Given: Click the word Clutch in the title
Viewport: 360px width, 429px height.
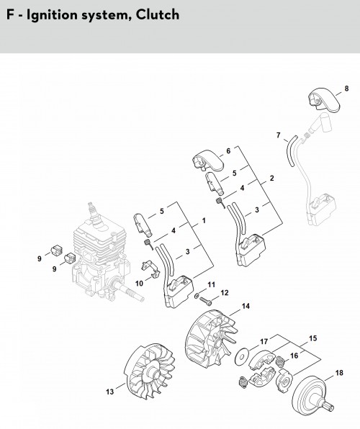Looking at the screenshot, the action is coord(158,14).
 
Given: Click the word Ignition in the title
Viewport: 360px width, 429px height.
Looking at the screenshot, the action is coord(51,15).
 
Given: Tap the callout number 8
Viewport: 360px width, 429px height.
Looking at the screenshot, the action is coord(346,89).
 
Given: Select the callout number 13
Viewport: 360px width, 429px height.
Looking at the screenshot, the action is coord(109,392).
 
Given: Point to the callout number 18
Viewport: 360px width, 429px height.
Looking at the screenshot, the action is coord(339,373).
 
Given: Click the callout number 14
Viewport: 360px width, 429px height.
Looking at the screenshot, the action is coord(246,306).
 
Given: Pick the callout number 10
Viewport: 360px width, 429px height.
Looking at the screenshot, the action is coord(139,284).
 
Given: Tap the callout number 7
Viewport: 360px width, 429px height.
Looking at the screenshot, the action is coord(279,135).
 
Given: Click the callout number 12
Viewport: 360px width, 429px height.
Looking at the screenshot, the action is coord(224,293).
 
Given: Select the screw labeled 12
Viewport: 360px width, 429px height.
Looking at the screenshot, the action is coord(206,301).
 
